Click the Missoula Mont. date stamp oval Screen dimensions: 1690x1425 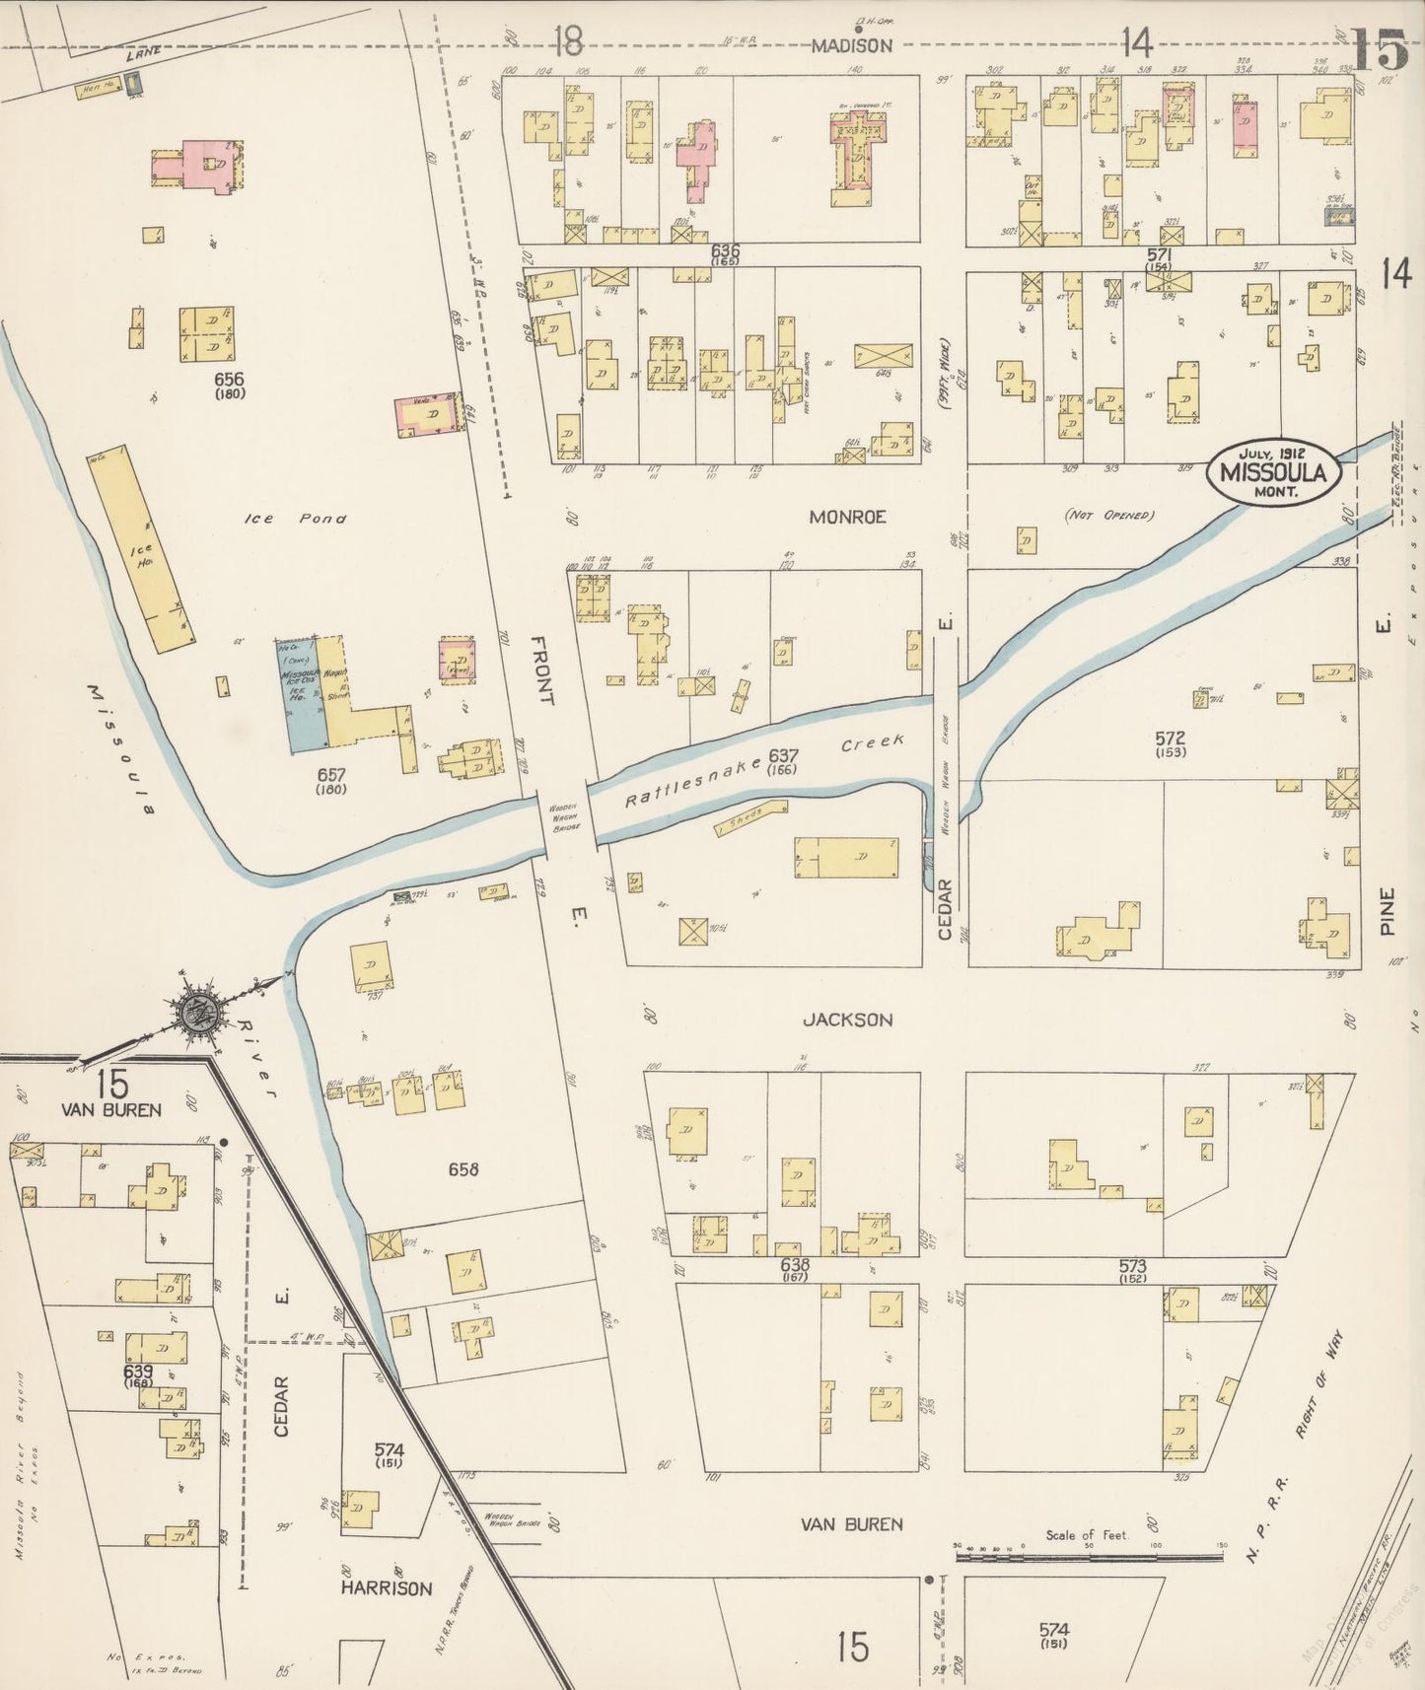1273,472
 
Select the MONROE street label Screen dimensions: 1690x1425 847,517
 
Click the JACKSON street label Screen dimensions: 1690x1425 847,1020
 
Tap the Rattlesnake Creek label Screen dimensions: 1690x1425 764,772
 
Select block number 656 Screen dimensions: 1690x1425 229,379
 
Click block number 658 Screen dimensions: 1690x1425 463,1169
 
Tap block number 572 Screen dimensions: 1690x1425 1172,738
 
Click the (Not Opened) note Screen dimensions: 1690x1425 1108,516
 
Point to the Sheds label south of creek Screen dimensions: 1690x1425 748,817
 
